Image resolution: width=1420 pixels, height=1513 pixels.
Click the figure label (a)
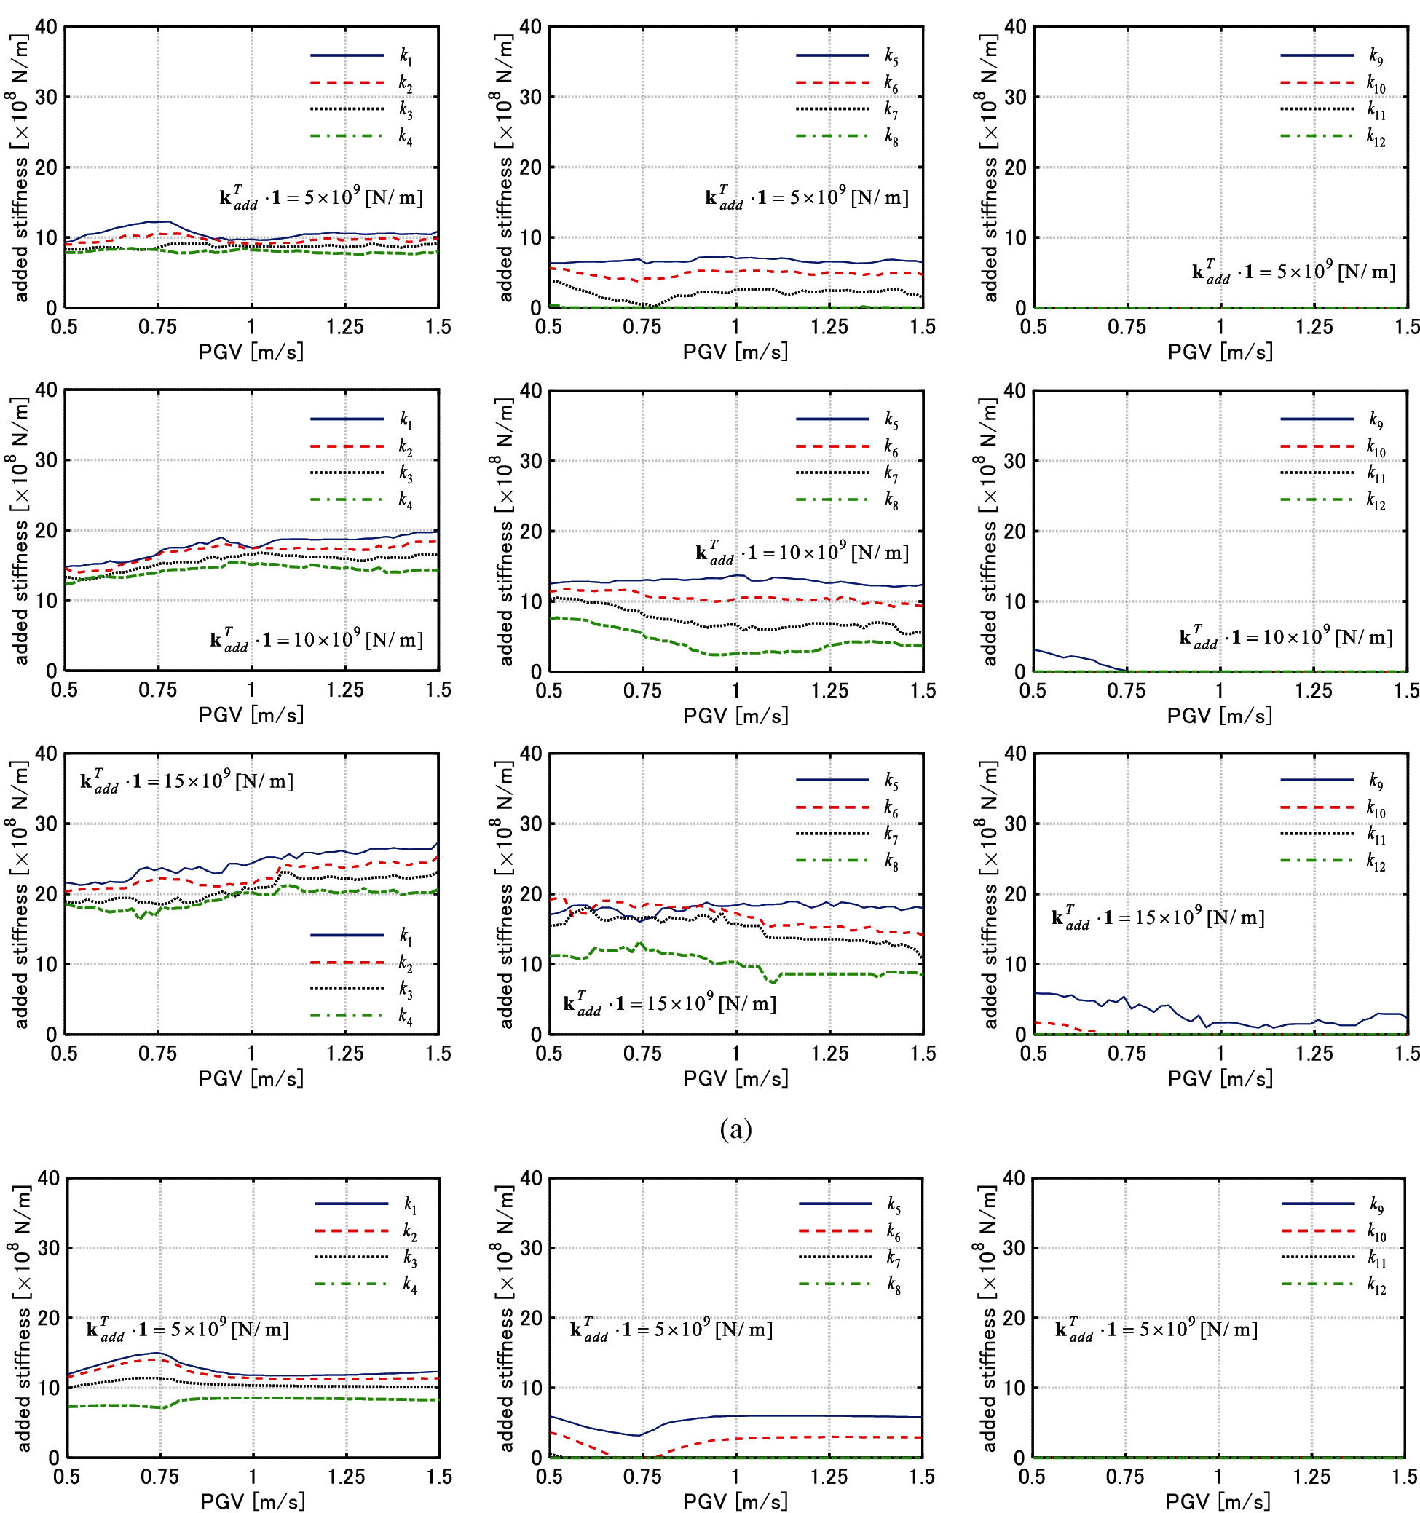click(x=735, y=1129)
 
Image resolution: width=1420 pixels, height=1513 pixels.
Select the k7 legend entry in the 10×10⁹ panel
click(x=891, y=473)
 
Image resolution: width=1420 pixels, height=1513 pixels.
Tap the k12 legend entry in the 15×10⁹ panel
click(x=1375, y=861)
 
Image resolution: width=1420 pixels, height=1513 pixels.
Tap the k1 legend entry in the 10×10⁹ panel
click(x=405, y=419)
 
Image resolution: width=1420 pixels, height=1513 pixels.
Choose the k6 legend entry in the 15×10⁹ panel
click(x=891, y=808)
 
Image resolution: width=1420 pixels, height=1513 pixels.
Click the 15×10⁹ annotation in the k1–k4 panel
click(x=186, y=781)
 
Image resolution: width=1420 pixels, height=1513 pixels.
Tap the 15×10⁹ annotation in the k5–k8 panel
click(x=670, y=1004)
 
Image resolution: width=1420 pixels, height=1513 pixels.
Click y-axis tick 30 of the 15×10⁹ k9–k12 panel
click(x=1015, y=823)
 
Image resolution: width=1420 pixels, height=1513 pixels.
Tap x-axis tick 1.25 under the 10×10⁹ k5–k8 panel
click(x=829, y=690)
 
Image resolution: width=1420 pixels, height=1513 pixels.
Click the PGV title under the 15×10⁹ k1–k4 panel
click(x=251, y=1078)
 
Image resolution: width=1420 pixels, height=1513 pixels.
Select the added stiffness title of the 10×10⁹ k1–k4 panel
click(x=20, y=531)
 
